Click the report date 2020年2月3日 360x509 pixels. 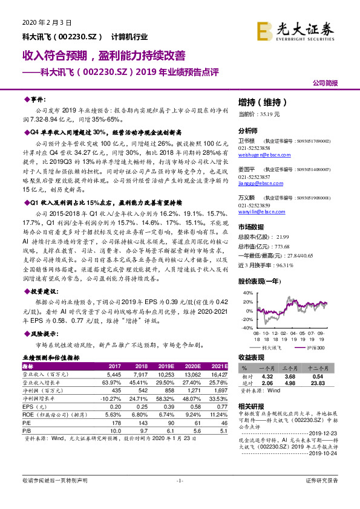click(47, 22)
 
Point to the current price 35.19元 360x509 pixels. click(259, 114)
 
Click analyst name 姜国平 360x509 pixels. click(246, 170)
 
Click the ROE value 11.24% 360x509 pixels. click(219, 415)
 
